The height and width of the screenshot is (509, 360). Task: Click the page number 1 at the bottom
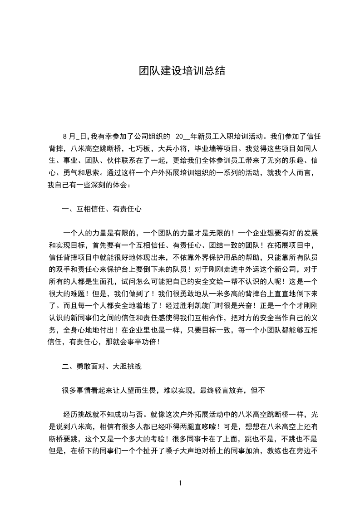coord(180,483)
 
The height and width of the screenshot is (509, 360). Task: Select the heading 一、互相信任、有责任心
coord(102,209)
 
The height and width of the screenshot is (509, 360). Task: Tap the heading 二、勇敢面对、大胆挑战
coord(102,366)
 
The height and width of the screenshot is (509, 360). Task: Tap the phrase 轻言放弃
coord(229,390)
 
